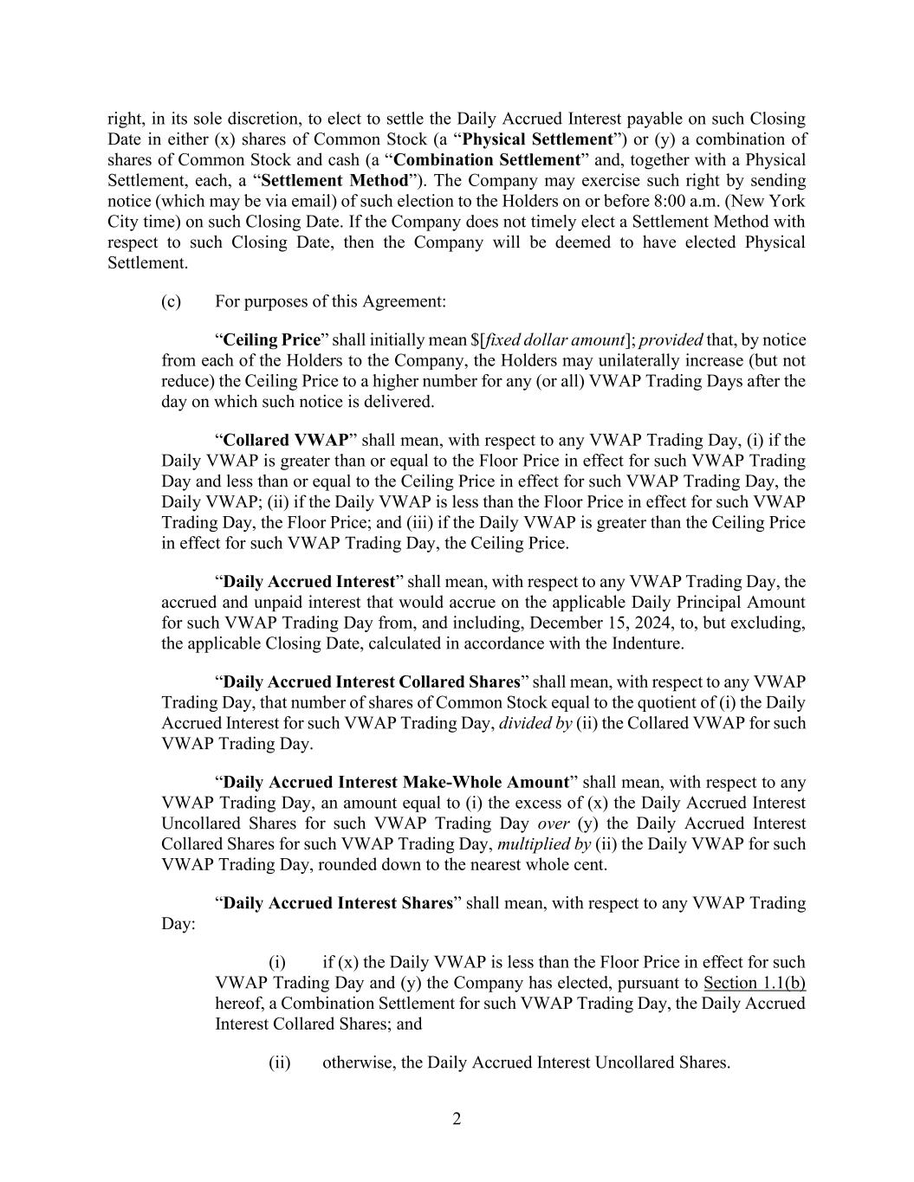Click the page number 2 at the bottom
click(x=457, y=1119)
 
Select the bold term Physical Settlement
click(x=538, y=139)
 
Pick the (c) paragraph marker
click(x=171, y=301)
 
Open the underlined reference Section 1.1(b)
click(x=755, y=983)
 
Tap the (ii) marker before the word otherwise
click(x=279, y=1063)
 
